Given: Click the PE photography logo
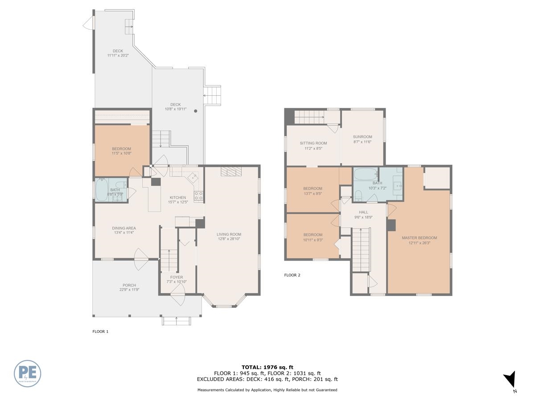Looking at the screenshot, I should click(x=27, y=373).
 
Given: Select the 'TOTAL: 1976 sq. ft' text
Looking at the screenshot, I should click(x=267, y=367).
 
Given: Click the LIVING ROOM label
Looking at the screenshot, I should click(x=229, y=234).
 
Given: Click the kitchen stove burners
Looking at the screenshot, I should click(x=198, y=195).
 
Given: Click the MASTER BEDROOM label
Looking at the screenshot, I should click(x=419, y=238).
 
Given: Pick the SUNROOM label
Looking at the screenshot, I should click(x=362, y=137).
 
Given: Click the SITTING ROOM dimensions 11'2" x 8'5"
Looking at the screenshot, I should click(x=313, y=149).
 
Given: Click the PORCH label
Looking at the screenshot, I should click(x=129, y=285).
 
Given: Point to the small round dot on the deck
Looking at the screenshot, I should click(x=195, y=111).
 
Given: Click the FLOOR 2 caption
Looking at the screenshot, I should click(x=292, y=275).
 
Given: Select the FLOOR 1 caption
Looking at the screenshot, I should click(x=100, y=331).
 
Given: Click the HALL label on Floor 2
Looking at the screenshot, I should click(x=363, y=212).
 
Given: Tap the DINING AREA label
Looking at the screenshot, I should click(x=124, y=228).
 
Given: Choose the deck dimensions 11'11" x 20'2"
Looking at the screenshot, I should click(x=118, y=56).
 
